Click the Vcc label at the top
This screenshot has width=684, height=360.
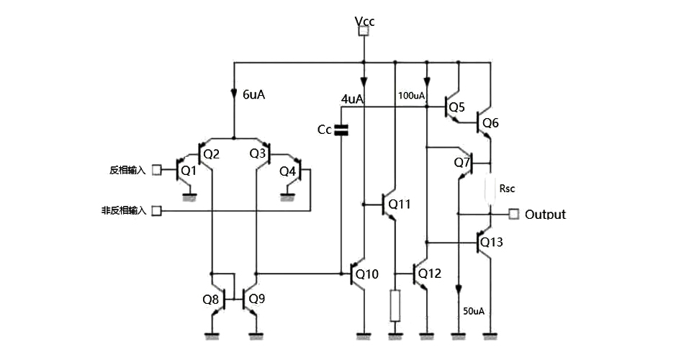(x=365, y=21)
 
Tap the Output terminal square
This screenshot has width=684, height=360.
(x=513, y=214)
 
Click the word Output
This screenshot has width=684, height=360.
(x=545, y=215)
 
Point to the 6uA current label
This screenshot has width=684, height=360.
(x=254, y=94)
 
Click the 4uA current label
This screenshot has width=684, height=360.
(x=352, y=99)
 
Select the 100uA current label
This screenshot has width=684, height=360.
(x=411, y=95)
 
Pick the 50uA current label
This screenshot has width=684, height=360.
(x=473, y=311)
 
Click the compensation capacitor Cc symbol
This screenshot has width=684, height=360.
(x=342, y=130)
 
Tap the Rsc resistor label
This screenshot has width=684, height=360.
(x=508, y=188)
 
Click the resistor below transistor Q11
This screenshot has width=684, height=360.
(x=395, y=305)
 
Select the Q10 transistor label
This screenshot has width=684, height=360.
(x=367, y=274)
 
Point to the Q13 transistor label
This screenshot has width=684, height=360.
(x=492, y=242)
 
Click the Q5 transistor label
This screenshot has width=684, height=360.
(x=456, y=108)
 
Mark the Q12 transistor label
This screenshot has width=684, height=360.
(x=429, y=274)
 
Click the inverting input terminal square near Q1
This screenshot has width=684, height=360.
(x=156, y=171)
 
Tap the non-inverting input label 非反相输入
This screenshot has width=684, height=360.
(x=124, y=211)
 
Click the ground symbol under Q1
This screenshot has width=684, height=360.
(x=189, y=195)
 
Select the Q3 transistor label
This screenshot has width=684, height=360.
(x=258, y=153)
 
